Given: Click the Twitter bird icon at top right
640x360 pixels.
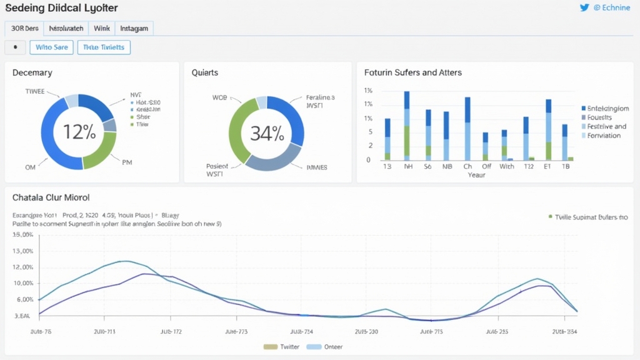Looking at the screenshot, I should pyautogui.click(x=584, y=8).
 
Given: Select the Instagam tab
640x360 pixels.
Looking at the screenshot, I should pyautogui.click(x=134, y=28).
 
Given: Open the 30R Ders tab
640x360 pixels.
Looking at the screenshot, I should pyautogui.click(x=24, y=28).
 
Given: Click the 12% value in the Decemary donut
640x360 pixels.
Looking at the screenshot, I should pyautogui.click(x=79, y=132).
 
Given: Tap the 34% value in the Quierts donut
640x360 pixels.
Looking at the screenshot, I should pyautogui.click(x=267, y=132).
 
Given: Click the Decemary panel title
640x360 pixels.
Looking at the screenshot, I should pyautogui.click(x=32, y=72).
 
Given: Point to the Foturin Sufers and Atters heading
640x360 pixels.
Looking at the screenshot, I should pyautogui.click(x=412, y=72).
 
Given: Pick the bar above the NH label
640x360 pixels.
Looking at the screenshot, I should pyautogui.click(x=407, y=126).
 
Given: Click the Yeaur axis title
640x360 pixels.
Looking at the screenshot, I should pyautogui.click(x=476, y=175).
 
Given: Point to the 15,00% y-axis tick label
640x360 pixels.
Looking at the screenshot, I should pyautogui.click(x=22, y=235).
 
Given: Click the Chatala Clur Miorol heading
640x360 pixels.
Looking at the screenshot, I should pyautogui.click(x=51, y=197).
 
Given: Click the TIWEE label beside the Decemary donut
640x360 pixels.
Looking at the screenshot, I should pyautogui.click(x=34, y=91).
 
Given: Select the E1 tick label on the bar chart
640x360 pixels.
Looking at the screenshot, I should pyautogui.click(x=547, y=166).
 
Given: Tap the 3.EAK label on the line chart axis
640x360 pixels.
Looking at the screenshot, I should pyautogui.click(x=22, y=316).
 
